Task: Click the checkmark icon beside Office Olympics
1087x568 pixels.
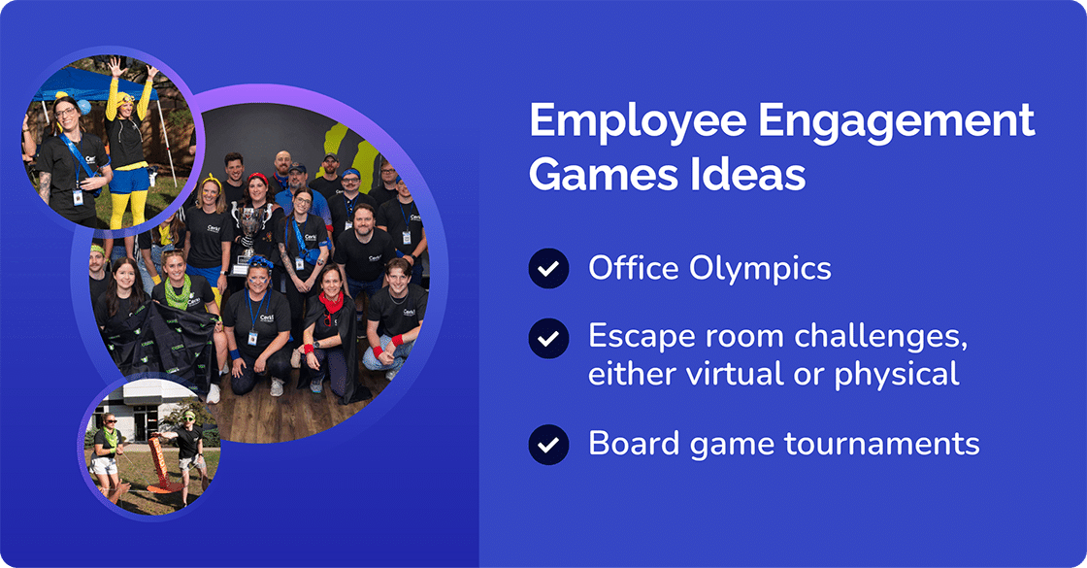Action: (x=548, y=268)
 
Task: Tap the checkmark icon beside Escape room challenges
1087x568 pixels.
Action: (x=548, y=339)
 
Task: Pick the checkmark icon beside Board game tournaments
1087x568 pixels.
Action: (x=548, y=444)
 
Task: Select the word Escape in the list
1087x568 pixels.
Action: (x=636, y=338)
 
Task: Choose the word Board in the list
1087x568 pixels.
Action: (x=629, y=444)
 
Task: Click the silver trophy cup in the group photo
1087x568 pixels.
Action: (x=249, y=225)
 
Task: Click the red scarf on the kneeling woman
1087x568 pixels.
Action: (x=332, y=302)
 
